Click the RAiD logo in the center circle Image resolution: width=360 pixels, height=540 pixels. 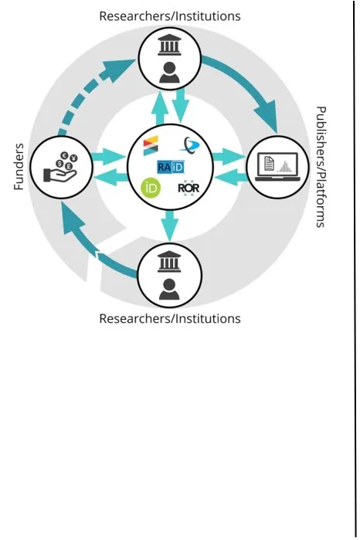click(x=169, y=167)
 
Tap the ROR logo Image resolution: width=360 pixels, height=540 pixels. click(x=189, y=187)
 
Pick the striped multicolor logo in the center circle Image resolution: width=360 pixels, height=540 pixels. click(x=150, y=144)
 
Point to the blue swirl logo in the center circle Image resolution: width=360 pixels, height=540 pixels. click(x=188, y=144)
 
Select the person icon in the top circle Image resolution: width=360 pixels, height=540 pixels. click(x=169, y=71)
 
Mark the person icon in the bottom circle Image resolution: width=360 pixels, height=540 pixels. click(x=169, y=289)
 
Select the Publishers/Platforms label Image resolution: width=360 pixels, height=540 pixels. click(x=321, y=167)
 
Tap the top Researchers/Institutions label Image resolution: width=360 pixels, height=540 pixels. click(x=169, y=15)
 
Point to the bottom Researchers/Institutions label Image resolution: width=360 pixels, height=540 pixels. click(x=169, y=318)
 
